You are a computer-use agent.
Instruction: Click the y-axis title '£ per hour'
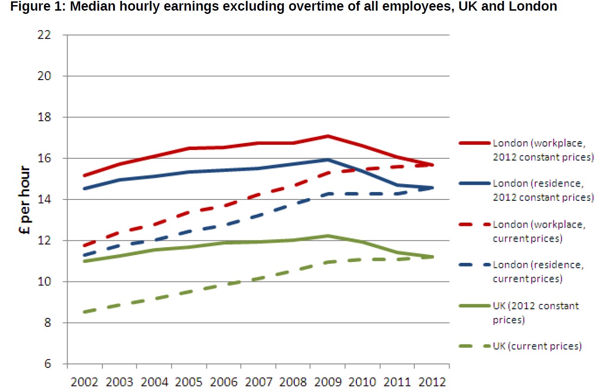[26, 200]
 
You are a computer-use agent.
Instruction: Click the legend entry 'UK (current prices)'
[537, 346]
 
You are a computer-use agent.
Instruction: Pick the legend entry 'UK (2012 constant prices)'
[535, 313]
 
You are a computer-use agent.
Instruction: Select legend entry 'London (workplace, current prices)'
[539, 231]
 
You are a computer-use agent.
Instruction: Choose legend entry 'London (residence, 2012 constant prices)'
[543, 190]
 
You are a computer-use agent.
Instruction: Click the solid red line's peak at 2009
[328, 136]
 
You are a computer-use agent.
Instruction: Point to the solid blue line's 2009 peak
[328, 160]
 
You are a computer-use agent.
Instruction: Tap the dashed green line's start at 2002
[84, 312]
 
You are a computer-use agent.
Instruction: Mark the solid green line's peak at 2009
[328, 236]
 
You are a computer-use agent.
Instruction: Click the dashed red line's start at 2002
[84, 246]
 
